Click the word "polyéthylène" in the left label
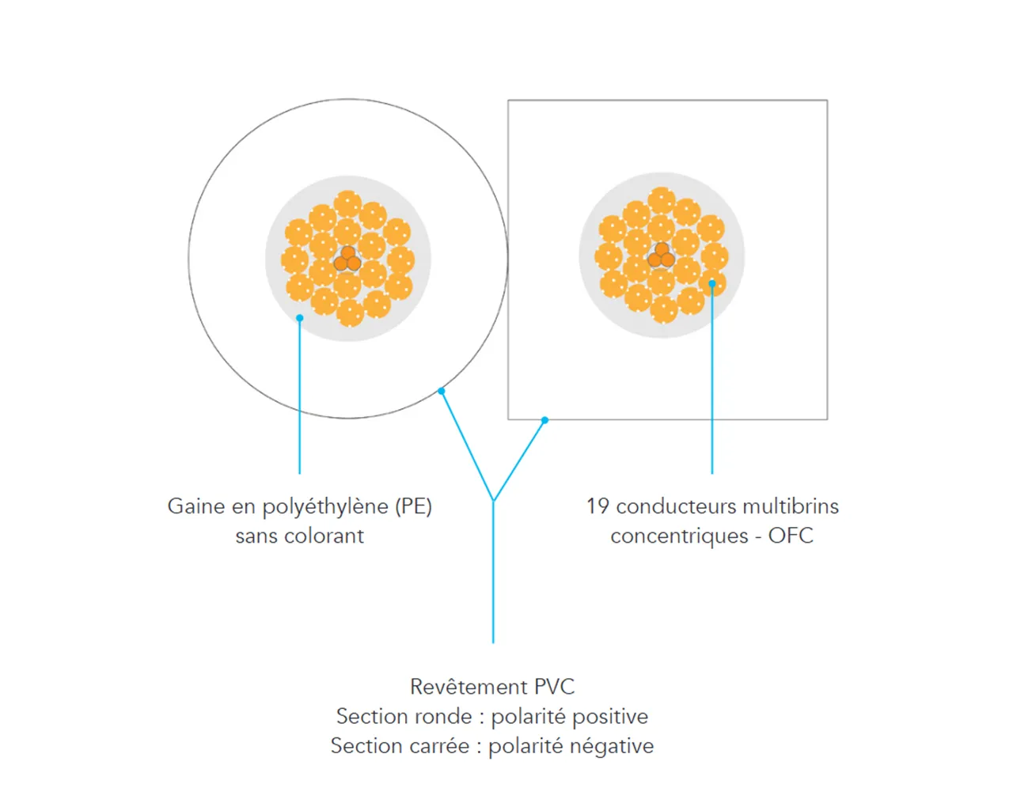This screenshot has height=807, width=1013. [x=325, y=507]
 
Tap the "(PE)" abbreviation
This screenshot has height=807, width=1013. [x=413, y=507]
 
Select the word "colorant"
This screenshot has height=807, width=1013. [x=324, y=536]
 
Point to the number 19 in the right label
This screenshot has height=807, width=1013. [x=598, y=506]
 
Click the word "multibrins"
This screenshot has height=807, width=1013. [x=791, y=506]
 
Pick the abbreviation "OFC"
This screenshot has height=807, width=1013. [x=791, y=536]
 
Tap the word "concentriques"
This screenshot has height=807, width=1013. [x=679, y=536]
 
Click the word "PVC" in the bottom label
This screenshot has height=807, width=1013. [x=555, y=687]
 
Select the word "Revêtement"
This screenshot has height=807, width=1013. [x=469, y=687]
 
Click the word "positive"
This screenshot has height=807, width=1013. [x=610, y=717]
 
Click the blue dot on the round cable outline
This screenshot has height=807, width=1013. [x=441, y=391]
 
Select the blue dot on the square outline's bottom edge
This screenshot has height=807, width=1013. [x=544, y=420]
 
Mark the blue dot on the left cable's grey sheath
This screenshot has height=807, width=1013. [x=299, y=318]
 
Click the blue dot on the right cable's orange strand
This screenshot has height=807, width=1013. [x=711, y=283]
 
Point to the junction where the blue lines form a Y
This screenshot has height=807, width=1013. [x=493, y=500]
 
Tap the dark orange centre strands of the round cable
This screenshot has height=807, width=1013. [x=347, y=259]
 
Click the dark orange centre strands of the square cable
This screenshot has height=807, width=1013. [x=662, y=256]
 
